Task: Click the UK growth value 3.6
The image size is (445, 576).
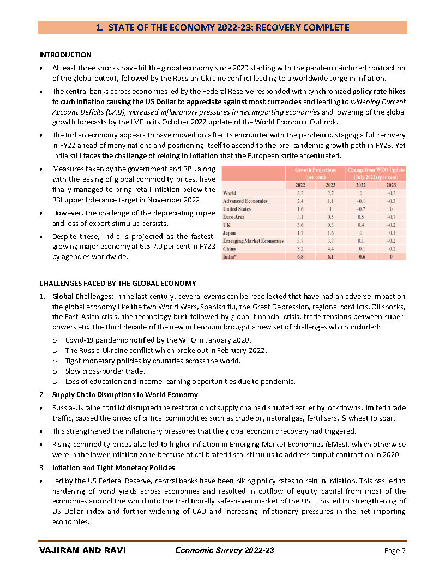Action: tap(300, 225)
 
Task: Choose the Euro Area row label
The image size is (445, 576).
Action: tap(234, 217)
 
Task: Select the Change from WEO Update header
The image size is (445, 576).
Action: tap(376, 173)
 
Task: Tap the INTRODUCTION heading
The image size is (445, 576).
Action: tap(65, 55)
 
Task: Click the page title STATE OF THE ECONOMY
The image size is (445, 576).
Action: tap(222, 27)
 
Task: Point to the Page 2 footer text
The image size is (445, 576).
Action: tap(395, 551)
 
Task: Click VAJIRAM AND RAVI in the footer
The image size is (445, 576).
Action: tap(82, 551)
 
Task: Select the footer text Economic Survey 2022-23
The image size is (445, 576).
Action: tap(225, 551)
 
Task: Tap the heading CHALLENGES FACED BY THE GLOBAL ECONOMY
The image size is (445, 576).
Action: tap(117, 283)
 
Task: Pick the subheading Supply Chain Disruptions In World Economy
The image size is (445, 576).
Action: tap(125, 394)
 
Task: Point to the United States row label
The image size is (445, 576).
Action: tap(237, 209)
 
